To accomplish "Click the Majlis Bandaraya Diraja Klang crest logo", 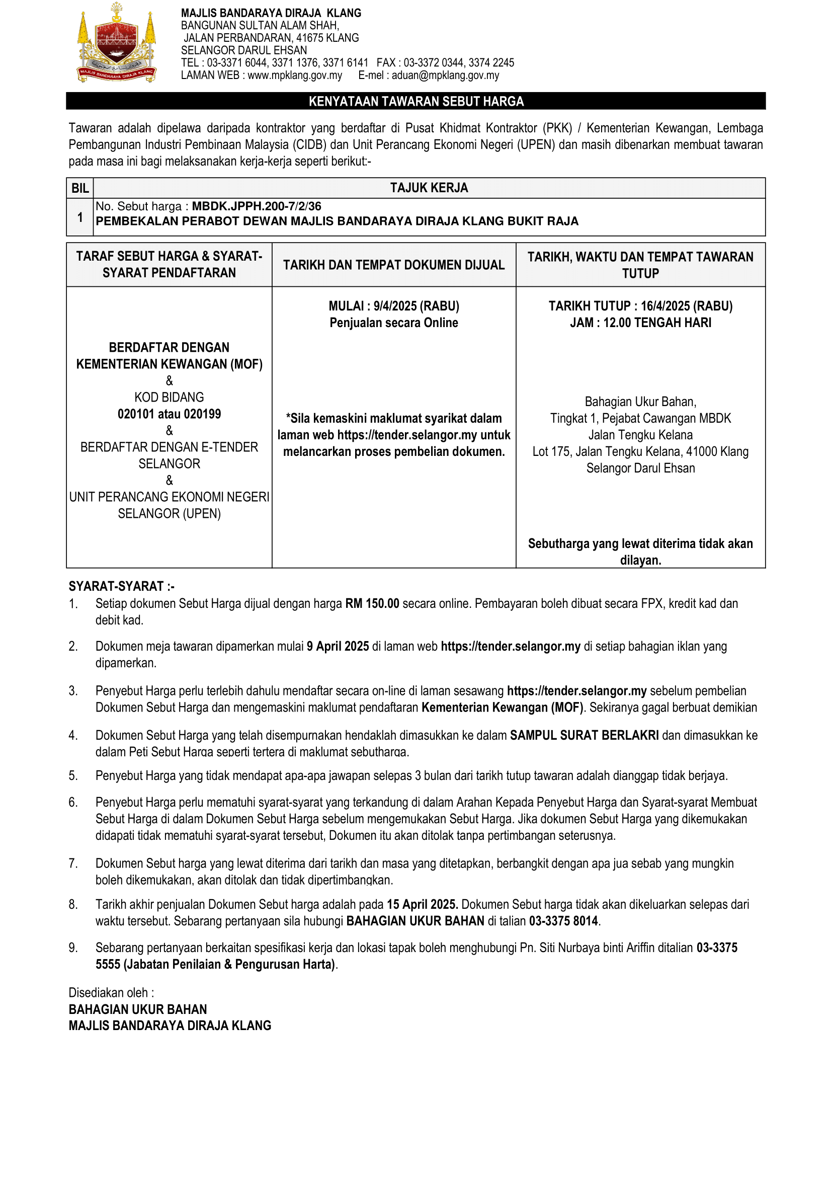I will [x=117, y=44].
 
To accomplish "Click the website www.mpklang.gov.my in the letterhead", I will [x=295, y=75].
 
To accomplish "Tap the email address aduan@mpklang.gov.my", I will [x=445, y=75].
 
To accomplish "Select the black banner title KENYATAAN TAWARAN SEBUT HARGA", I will [x=415, y=102].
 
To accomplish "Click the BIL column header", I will [x=80, y=188].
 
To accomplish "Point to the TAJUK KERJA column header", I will [x=429, y=188].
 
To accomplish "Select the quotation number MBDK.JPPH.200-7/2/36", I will [x=257, y=206].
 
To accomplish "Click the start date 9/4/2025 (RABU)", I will [x=416, y=306].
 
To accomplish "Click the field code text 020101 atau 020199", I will [x=169, y=414].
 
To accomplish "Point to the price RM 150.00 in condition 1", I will [x=372, y=603].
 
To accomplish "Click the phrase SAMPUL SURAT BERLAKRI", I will [x=584, y=735].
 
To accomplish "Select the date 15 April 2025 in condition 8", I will [x=422, y=904].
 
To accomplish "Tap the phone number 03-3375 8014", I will [x=563, y=921].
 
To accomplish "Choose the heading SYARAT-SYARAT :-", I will [x=121, y=586].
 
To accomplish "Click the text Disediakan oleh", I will [x=111, y=992].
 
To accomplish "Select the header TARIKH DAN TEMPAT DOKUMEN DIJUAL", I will [x=393, y=265].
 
